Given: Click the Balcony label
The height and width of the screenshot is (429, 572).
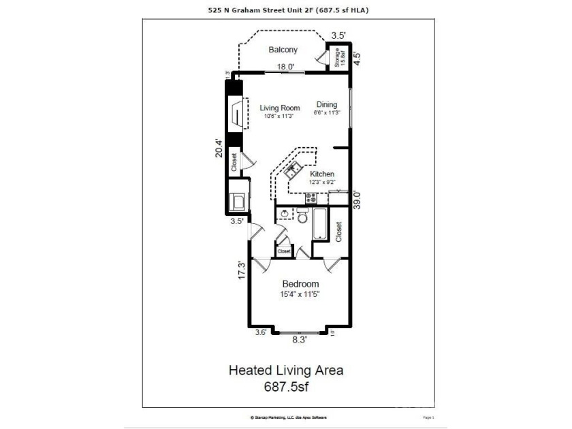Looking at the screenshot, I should point(283,50).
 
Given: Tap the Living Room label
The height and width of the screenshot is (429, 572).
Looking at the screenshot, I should point(280,108).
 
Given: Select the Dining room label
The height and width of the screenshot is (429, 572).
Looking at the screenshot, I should point(326,104).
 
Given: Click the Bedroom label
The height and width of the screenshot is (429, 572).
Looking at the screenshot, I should point(300,284).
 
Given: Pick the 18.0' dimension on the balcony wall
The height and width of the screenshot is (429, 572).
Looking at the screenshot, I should point(285,67).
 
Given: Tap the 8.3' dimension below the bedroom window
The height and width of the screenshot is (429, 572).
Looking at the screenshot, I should point(300,338).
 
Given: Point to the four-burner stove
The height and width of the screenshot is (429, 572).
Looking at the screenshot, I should point(311,198).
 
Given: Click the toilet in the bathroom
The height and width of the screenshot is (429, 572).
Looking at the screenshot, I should point(302,217).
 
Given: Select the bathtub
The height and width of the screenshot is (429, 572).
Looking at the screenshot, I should point(321,225).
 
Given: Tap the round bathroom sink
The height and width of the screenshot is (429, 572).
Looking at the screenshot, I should point(285,214).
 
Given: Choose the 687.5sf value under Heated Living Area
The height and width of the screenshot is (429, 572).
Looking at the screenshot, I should point(285,386).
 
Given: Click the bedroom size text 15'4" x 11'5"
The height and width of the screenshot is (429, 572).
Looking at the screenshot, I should point(300,294).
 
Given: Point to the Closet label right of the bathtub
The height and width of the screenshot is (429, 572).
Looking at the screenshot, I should point(338,231).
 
